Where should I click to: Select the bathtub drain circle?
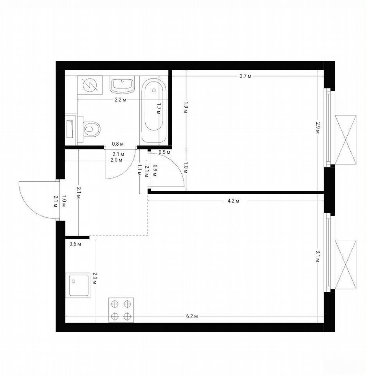pyautogui.click(x=154, y=90)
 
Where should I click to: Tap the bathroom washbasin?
pyautogui.click(x=123, y=85)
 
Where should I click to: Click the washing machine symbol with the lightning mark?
pyautogui.click(x=90, y=85)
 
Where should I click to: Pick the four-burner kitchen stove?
pyautogui.click(x=121, y=310)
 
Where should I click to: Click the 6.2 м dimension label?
pyautogui.click(x=192, y=316)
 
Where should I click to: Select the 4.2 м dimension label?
pyautogui.click(x=233, y=201)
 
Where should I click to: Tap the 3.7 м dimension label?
pyautogui.click(x=246, y=76)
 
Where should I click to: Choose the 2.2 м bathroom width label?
pyautogui.click(x=120, y=100)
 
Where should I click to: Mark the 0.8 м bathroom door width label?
pyautogui.click(x=118, y=144)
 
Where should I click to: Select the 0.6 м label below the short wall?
pyautogui.click(x=75, y=244)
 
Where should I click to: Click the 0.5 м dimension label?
pyautogui.click(x=165, y=152)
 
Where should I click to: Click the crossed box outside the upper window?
pyautogui.click(x=345, y=139)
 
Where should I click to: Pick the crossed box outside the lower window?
pyautogui.click(x=345, y=264)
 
